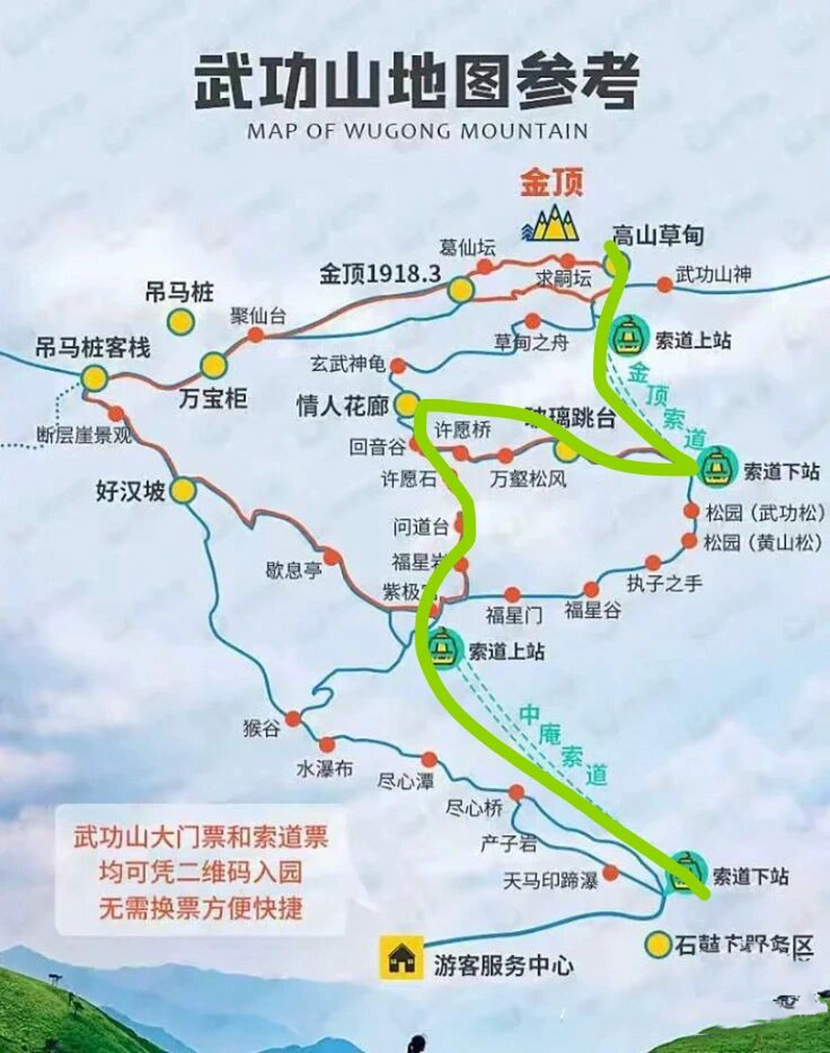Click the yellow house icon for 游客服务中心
pyautogui.click(x=401, y=957)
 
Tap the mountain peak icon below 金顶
pyautogui.click(x=550, y=223)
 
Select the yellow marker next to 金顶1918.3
pyautogui.click(x=461, y=289)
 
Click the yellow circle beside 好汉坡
pyautogui.click(x=183, y=491)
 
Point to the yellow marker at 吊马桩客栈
pyautogui.click(x=95, y=378)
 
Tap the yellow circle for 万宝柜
pyautogui.click(x=213, y=365)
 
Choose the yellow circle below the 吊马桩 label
pyautogui.click(x=180, y=322)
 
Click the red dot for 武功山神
pyautogui.click(x=665, y=285)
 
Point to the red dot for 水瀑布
pyautogui.click(x=327, y=745)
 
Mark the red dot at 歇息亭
pyautogui.click(x=332, y=557)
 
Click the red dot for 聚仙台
pyautogui.click(x=256, y=334)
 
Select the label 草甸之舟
pyautogui.click(x=531, y=342)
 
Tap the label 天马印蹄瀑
pyautogui.click(x=550, y=881)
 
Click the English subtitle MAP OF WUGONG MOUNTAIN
pyautogui.click(x=417, y=131)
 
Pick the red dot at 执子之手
pyautogui.click(x=653, y=563)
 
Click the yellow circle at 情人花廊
pyautogui.click(x=406, y=404)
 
